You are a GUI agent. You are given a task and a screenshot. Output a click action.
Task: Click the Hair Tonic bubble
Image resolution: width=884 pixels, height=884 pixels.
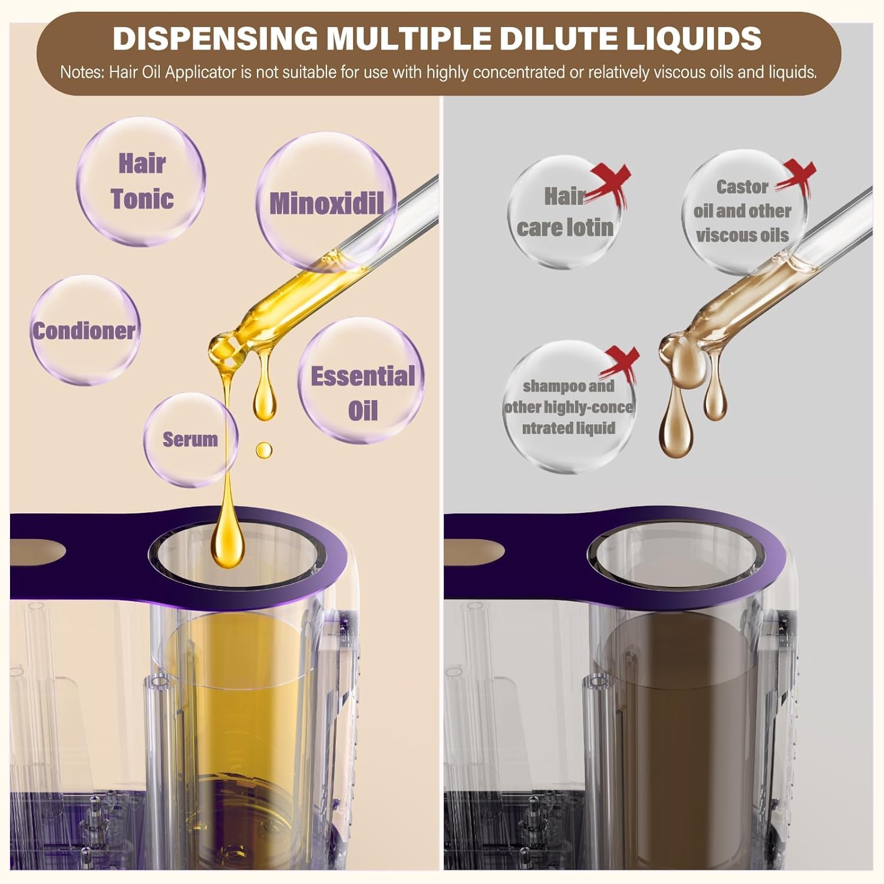141,182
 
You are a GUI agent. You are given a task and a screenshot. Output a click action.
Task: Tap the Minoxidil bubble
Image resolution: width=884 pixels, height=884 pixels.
326,202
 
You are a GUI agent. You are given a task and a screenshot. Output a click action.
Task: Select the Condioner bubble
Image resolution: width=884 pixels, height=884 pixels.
85,331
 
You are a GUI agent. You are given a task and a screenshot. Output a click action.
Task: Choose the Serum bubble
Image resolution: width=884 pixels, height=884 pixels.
191,440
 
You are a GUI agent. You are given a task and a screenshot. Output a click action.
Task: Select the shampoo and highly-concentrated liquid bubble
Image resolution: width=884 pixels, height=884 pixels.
569,407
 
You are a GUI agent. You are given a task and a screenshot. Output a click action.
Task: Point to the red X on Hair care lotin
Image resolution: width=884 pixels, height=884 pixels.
611,182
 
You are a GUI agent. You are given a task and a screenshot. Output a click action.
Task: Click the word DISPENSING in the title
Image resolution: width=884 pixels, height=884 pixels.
216,39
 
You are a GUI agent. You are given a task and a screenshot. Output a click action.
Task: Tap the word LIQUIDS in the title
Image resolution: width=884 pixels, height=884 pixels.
694,39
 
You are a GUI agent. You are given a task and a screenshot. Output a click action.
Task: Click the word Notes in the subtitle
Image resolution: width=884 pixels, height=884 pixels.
81,72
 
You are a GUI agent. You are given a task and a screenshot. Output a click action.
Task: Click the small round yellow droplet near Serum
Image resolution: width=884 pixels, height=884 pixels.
264,450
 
